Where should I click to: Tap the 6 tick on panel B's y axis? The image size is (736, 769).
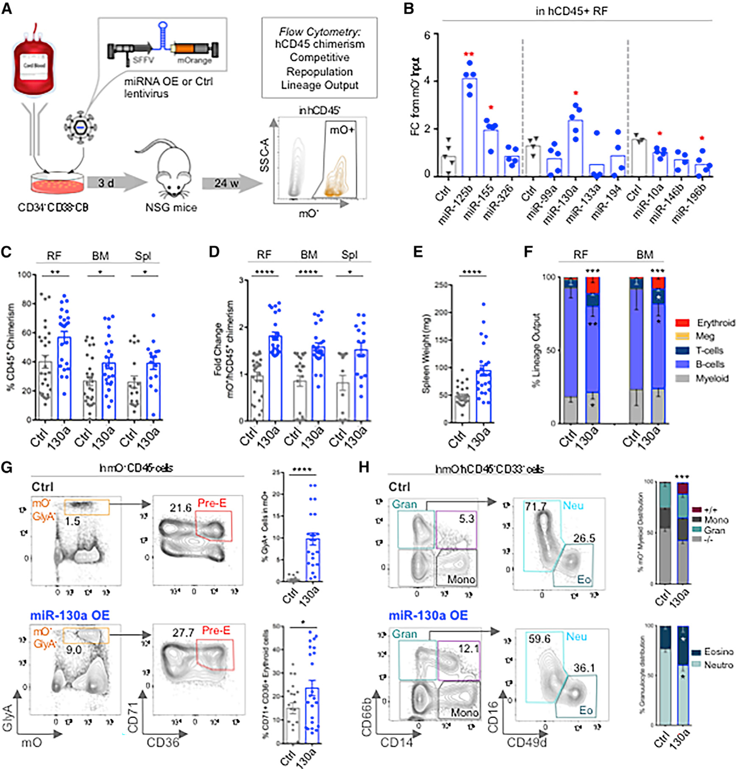point(427,35)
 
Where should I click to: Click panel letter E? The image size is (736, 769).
point(417,252)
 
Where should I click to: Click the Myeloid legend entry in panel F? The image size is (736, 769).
point(712,378)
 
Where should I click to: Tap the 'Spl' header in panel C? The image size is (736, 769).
point(143,256)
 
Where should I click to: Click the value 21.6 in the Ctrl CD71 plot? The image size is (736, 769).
point(180,508)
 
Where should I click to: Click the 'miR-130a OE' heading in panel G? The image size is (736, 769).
point(70,615)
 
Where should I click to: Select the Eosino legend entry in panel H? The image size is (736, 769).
point(718,652)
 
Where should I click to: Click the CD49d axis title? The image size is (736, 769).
point(526,743)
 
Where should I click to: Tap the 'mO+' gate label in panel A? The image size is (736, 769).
point(342,129)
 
